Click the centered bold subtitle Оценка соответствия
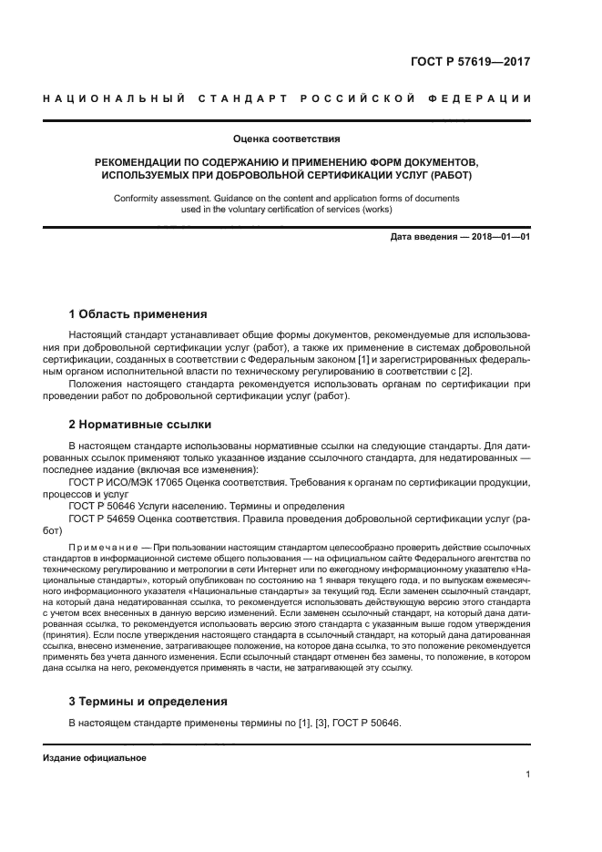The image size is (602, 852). (287, 139)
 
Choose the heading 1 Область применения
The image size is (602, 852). (138, 314)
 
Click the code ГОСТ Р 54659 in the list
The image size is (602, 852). (102, 518)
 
